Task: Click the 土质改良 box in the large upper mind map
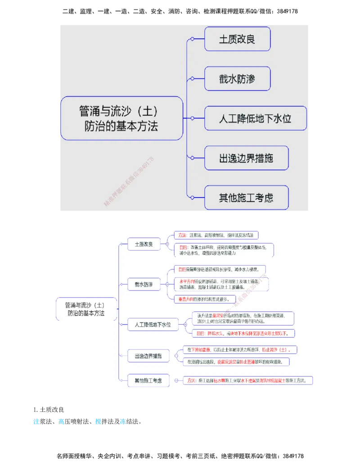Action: [x=237, y=39]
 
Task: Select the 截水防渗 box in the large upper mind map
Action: [x=237, y=79]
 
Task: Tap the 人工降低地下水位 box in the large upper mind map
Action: [x=255, y=118]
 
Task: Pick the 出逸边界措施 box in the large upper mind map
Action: [x=246, y=158]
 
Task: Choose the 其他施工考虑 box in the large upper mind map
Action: [x=246, y=198]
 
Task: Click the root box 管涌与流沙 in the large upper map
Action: [x=121, y=118]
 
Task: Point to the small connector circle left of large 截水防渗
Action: [x=193, y=79]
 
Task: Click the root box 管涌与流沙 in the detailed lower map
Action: [x=86, y=309]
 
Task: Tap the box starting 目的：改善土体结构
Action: [x=224, y=250]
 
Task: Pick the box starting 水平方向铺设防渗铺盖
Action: [x=221, y=284]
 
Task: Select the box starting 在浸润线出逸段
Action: [x=236, y=362]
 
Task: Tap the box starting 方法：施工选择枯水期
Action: [x=248, y=380]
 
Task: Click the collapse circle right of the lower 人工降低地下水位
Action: [x=184, y=324]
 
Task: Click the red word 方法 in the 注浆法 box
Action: [x=182, y=235]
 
